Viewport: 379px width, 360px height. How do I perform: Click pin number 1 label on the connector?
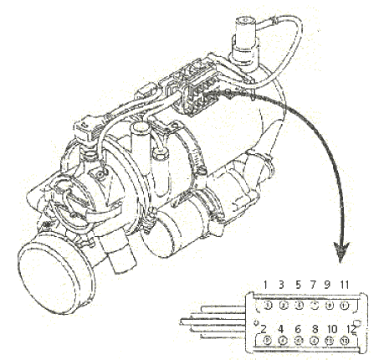tap(265, 285)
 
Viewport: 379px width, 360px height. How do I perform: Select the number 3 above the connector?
tap(281, 285)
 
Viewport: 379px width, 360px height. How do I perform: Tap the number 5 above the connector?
tap(298, 285)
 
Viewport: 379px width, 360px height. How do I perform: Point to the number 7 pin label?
tap(313, 285)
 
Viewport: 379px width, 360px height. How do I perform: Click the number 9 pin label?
tap(327, 285)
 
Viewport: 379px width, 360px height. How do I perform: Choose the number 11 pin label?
tap(345, 285)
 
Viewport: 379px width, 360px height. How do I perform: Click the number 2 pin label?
tap(264, 329)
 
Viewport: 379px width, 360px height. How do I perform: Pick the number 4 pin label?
tap(281, 329)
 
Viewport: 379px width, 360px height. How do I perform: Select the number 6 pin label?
tap(298, 329)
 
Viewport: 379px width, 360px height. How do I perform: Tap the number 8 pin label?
tap(315, 329)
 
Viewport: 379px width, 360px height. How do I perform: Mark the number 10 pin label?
tap(332, 329)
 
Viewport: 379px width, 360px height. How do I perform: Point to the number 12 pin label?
tap(351, 329)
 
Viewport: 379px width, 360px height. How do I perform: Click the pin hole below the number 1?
tap(267, 305)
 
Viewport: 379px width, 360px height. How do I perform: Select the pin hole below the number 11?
tap(344, 305)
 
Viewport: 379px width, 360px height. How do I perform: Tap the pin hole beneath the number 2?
tap(267, 341)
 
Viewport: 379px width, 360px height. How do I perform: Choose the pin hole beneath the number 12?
tap(344, 341)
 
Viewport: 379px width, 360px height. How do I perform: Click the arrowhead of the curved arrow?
tap(341, 252)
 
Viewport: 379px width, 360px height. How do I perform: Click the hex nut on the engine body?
tap(160, 155)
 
